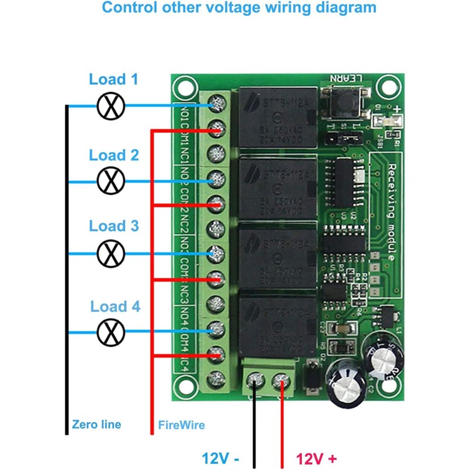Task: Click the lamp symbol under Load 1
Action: pos(110,106)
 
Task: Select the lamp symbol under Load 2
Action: pos(110,181)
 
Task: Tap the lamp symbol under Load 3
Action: pos(110,253)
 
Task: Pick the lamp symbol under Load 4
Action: pos(110,332)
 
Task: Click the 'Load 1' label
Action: pos(113,79)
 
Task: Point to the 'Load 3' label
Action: pos(114,226)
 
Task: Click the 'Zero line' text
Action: pos(96,424)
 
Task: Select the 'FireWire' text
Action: pos(182,424)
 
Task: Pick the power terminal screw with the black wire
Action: pos(254,380)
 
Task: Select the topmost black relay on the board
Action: pos(276,117)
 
